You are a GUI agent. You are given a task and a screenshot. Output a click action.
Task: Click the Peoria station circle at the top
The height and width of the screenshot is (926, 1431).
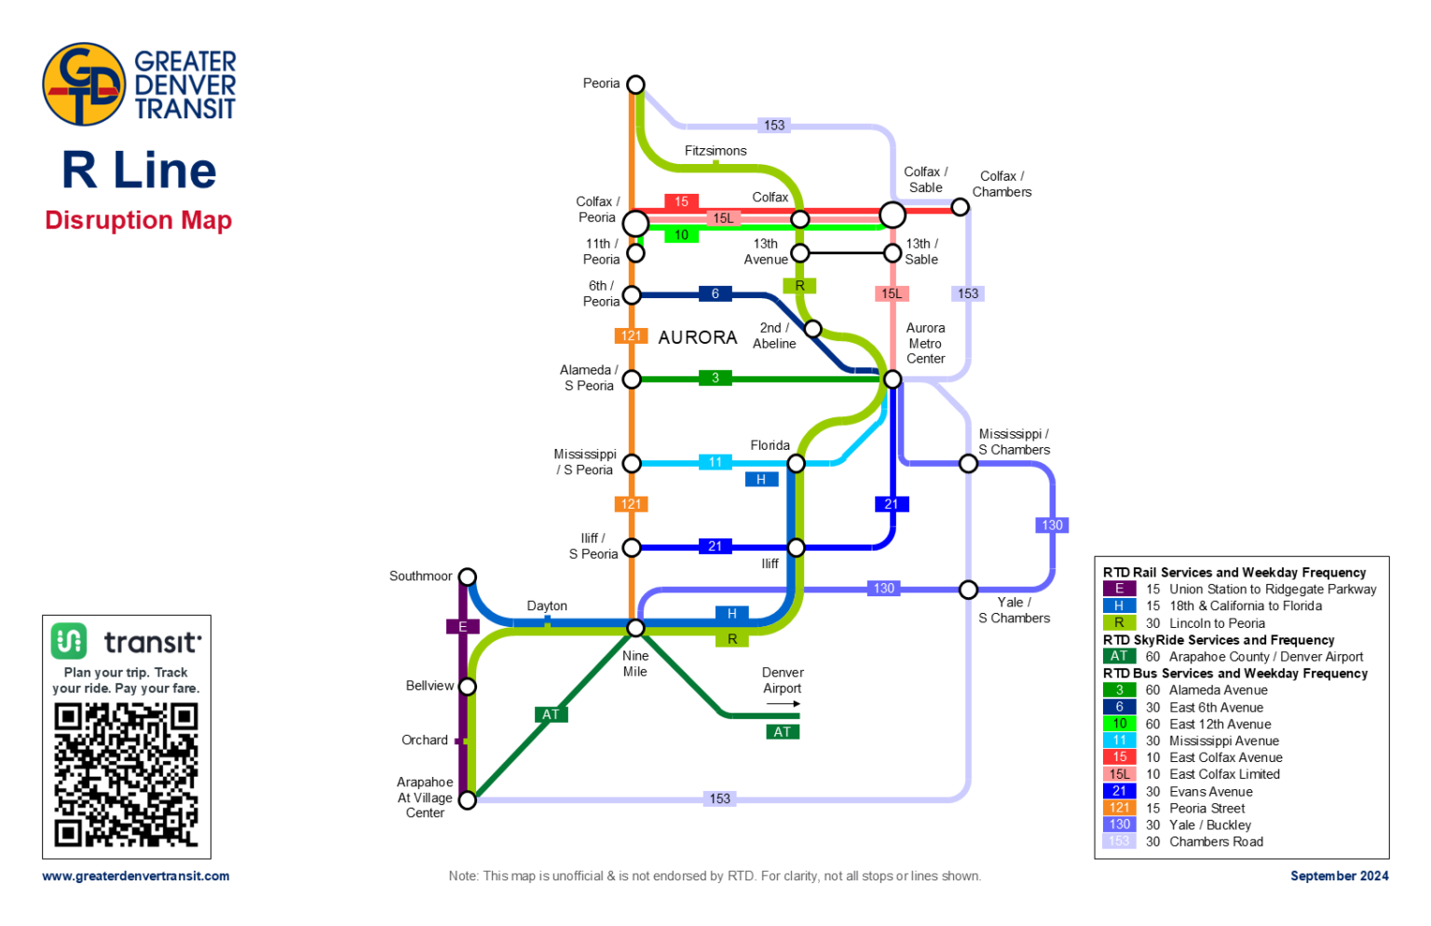coord(635,85)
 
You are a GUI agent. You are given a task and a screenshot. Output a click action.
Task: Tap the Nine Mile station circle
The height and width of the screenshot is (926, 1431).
coord(635,628)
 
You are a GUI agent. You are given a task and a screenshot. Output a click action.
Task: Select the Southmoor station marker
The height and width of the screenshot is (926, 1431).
coord(468,578)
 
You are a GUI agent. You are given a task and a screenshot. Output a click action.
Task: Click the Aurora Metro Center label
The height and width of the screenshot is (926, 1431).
coord(925,343)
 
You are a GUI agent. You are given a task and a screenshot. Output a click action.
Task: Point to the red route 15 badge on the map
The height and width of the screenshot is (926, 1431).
coord(681,201)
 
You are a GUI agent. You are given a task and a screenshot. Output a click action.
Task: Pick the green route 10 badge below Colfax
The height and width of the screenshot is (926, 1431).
coord(681,235)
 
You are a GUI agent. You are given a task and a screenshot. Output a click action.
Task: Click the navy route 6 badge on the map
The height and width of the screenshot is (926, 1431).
coord(715,293)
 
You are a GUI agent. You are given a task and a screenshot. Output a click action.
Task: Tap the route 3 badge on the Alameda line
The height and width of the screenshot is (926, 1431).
coord(715,377)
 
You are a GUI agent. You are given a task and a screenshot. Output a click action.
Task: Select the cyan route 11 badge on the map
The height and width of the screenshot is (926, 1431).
coord(715,462)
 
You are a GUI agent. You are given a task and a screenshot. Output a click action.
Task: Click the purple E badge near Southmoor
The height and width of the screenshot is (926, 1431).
coord(462,627)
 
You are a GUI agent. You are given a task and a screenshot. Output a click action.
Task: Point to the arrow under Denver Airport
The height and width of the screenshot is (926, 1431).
coord(783,704)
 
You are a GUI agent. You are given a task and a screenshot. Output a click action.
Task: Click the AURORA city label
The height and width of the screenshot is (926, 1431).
coord(697,337)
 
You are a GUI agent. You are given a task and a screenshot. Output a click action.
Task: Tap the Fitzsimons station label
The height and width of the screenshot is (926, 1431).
coord(715,151)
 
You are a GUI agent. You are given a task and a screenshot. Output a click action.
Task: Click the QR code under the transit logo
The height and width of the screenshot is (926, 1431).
coord(126,774)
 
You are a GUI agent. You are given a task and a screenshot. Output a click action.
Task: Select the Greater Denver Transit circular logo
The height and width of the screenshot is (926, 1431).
coord(84,84)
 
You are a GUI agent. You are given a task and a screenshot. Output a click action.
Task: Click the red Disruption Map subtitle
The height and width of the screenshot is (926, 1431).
coord(138,221)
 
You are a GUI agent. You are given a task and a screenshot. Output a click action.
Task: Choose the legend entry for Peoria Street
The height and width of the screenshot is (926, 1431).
coord(1206,809)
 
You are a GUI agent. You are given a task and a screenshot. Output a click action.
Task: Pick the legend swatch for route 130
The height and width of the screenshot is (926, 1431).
coord(1119,824)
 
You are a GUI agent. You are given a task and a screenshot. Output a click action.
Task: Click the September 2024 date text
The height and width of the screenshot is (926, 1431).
coord(1339,876)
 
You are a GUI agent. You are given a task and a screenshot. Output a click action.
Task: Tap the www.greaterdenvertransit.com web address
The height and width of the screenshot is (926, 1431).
coord(136,876)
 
